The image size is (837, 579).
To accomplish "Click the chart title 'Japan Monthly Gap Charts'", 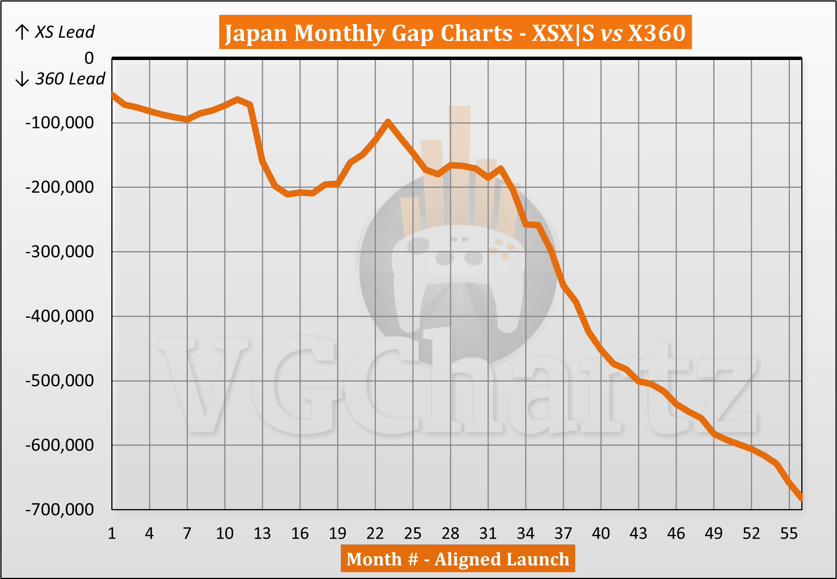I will point(368,33).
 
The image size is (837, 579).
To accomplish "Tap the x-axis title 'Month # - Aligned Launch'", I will point(457,559).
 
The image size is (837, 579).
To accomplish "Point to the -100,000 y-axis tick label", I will point(60,123).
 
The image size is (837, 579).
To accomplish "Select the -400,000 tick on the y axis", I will point(60,316).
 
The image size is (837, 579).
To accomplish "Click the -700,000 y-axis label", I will point(60,509).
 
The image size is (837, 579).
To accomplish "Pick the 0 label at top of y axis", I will point(89,58).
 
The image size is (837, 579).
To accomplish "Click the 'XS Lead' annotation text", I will point(65,32).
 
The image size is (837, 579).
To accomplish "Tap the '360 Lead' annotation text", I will point(70,79).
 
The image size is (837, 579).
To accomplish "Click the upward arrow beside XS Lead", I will point(22,32).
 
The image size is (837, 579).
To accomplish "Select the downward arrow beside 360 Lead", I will point(22,79).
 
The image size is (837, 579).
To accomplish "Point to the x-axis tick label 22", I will point(375,533).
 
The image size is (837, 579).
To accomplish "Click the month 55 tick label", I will point(789,533).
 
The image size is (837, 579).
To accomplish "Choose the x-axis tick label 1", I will point(112,533).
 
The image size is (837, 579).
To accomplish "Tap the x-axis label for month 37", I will point(563,533).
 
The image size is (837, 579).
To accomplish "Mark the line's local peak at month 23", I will point(388,122).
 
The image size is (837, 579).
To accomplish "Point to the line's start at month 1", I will point(112,94).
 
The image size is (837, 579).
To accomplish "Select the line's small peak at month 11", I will point(237,100).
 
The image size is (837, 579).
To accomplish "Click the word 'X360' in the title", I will point(657,33).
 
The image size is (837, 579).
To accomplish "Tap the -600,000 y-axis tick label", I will point(60,445).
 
